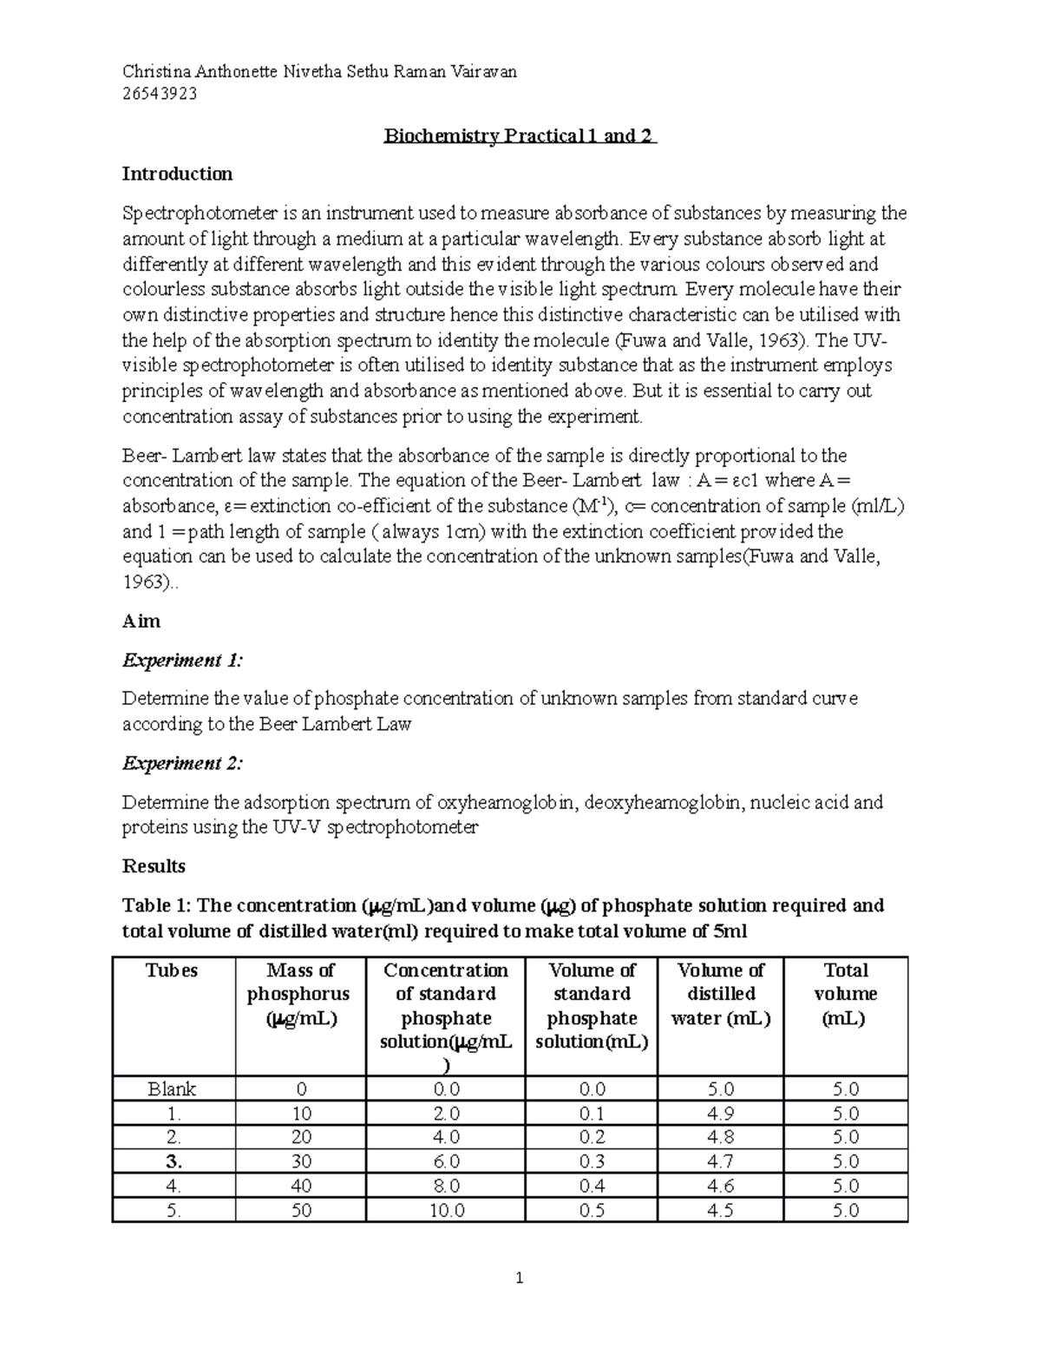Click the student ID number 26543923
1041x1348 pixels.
point(160,95)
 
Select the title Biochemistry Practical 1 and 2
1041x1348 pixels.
point(520,136)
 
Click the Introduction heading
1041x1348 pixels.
point(177,174)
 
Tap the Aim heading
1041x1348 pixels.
point(141,621)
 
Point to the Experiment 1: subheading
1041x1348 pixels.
point(182,661)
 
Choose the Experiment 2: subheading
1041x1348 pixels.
point(182,763)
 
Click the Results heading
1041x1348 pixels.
point(154,866)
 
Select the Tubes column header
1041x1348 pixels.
point(173,970)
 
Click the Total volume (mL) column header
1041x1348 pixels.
point(845,994)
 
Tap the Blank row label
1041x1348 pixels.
point(172,1089)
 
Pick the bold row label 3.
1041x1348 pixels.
point(173,1161)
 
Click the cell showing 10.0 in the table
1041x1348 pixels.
point(447,1210)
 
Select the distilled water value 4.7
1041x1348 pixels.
point(720,1161)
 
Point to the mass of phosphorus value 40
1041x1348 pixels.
point(301,1186)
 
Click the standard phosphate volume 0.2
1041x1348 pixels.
point(592,1137)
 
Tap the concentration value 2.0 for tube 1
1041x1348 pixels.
point(447,1114)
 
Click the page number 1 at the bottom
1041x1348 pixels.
point(520,1278)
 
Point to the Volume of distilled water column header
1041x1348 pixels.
point(720,994)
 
